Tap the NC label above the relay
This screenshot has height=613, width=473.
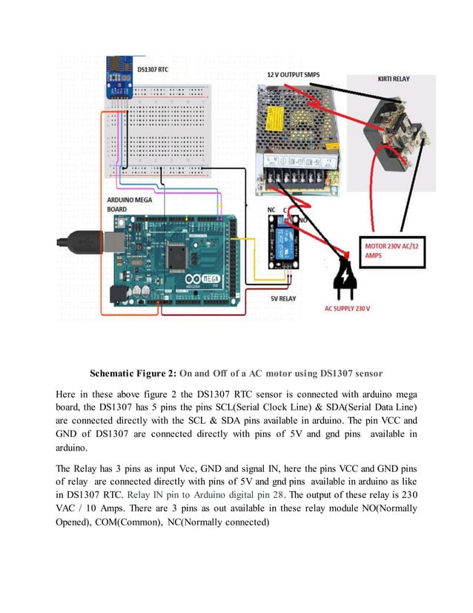pos(272,210)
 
